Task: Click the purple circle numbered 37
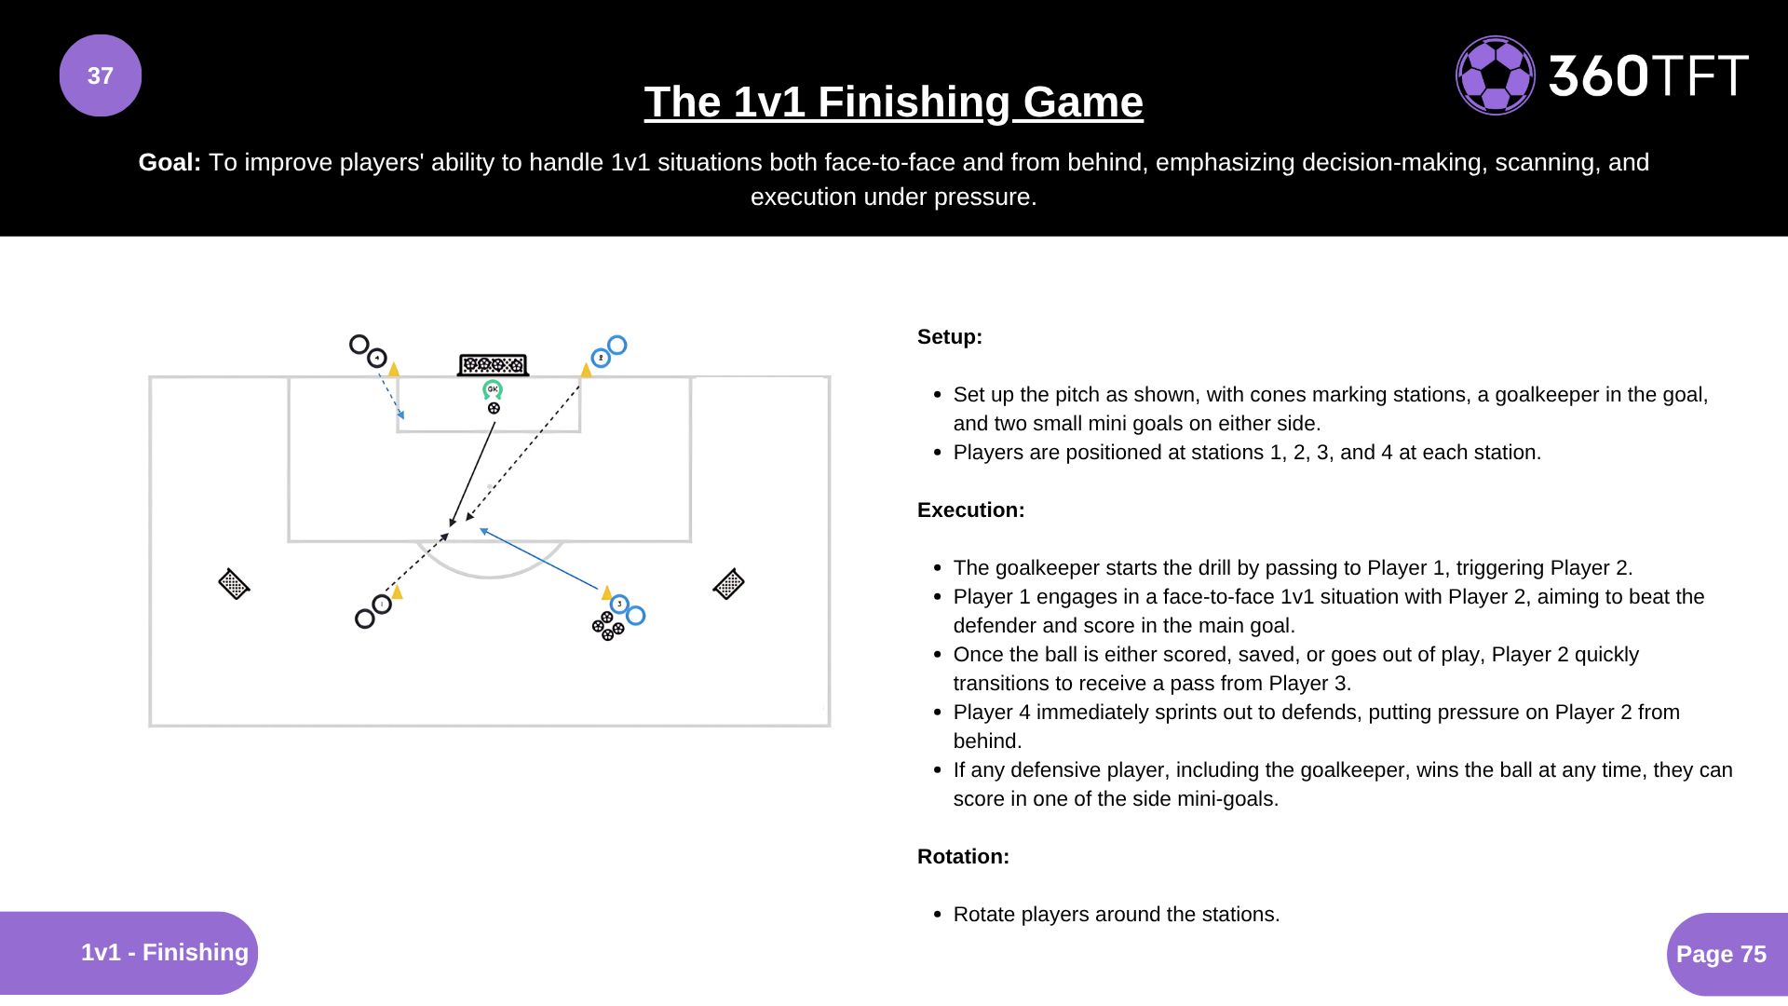(x=101, y=75)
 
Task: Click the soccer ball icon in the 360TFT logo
(x=1495, y=75)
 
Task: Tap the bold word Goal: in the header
(x=169, y=162)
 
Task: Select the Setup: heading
(x=949, y=336)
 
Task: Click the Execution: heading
(x=970, y=510)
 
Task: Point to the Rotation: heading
(x=963, y=856)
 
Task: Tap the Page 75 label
(x=1720, y=954)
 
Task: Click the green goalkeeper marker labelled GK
(x=493, y=389)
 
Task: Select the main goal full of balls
(x=494, y=364)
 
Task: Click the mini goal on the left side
(x=234, y=584)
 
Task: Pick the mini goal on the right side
(x=728, y=584)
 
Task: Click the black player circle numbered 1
(x=382, y=605)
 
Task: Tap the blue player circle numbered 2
(x=601, y=358)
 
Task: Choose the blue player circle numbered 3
(x=619, y=605)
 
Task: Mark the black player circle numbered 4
(x=377, y=358)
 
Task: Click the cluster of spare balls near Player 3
(x=607, y=626)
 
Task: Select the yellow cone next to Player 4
(x=394, y=369)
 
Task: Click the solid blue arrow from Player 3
(x=540, y=560)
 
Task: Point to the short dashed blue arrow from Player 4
(x=391, y=397)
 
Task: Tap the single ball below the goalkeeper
(x=494, y=408)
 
